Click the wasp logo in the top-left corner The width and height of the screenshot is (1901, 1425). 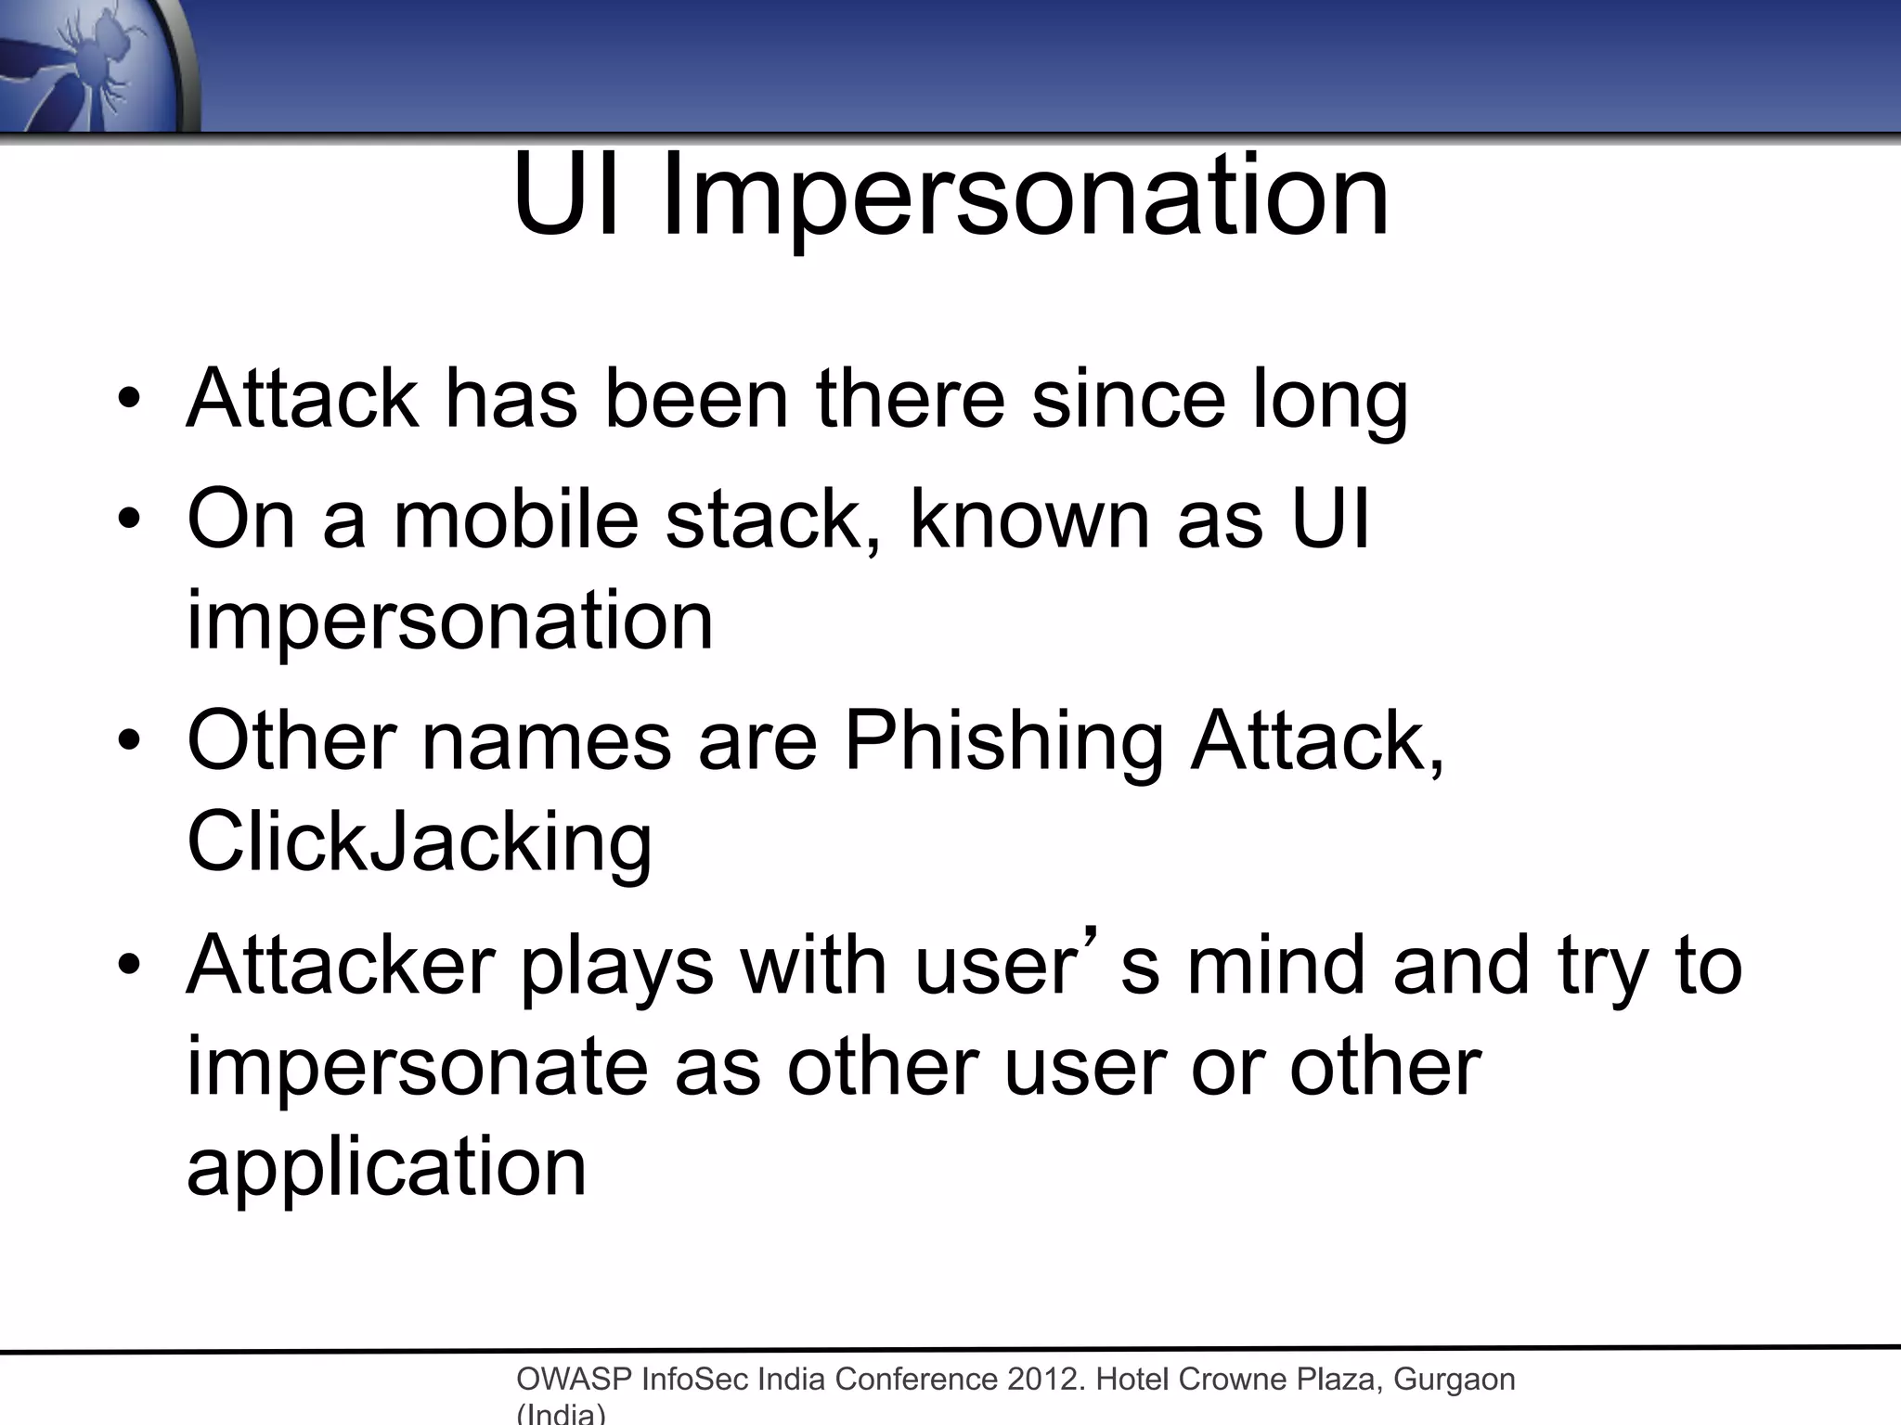tap(93, 65)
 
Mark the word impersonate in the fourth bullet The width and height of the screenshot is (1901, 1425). tap(417, 1067)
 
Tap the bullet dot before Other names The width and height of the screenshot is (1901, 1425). tap(129, 742)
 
